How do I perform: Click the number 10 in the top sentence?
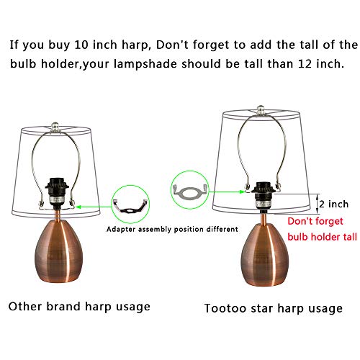[x=81, y=45]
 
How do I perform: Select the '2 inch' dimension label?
[x=334, y=204]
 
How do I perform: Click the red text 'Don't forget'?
[x=315, y=221]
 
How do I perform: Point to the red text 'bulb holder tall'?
[x=323, y=237]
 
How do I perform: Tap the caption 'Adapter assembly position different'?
[x=172, y=229]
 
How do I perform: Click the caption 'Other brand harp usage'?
[x=79, y=307]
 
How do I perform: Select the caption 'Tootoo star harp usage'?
[x=273, y=308]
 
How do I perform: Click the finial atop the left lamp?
[x=55, y=127]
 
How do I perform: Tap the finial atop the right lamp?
[x=261, y=109]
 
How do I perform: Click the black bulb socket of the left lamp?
[x=57, y=192]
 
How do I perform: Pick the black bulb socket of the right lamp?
[x=264, y=194]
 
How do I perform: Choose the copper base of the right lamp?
[x=265, y=254]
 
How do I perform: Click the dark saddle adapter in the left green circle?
[x=130, y=206]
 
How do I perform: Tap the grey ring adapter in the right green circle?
[x=189, y=192]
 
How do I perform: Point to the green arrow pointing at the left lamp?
[x=94, y=207]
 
